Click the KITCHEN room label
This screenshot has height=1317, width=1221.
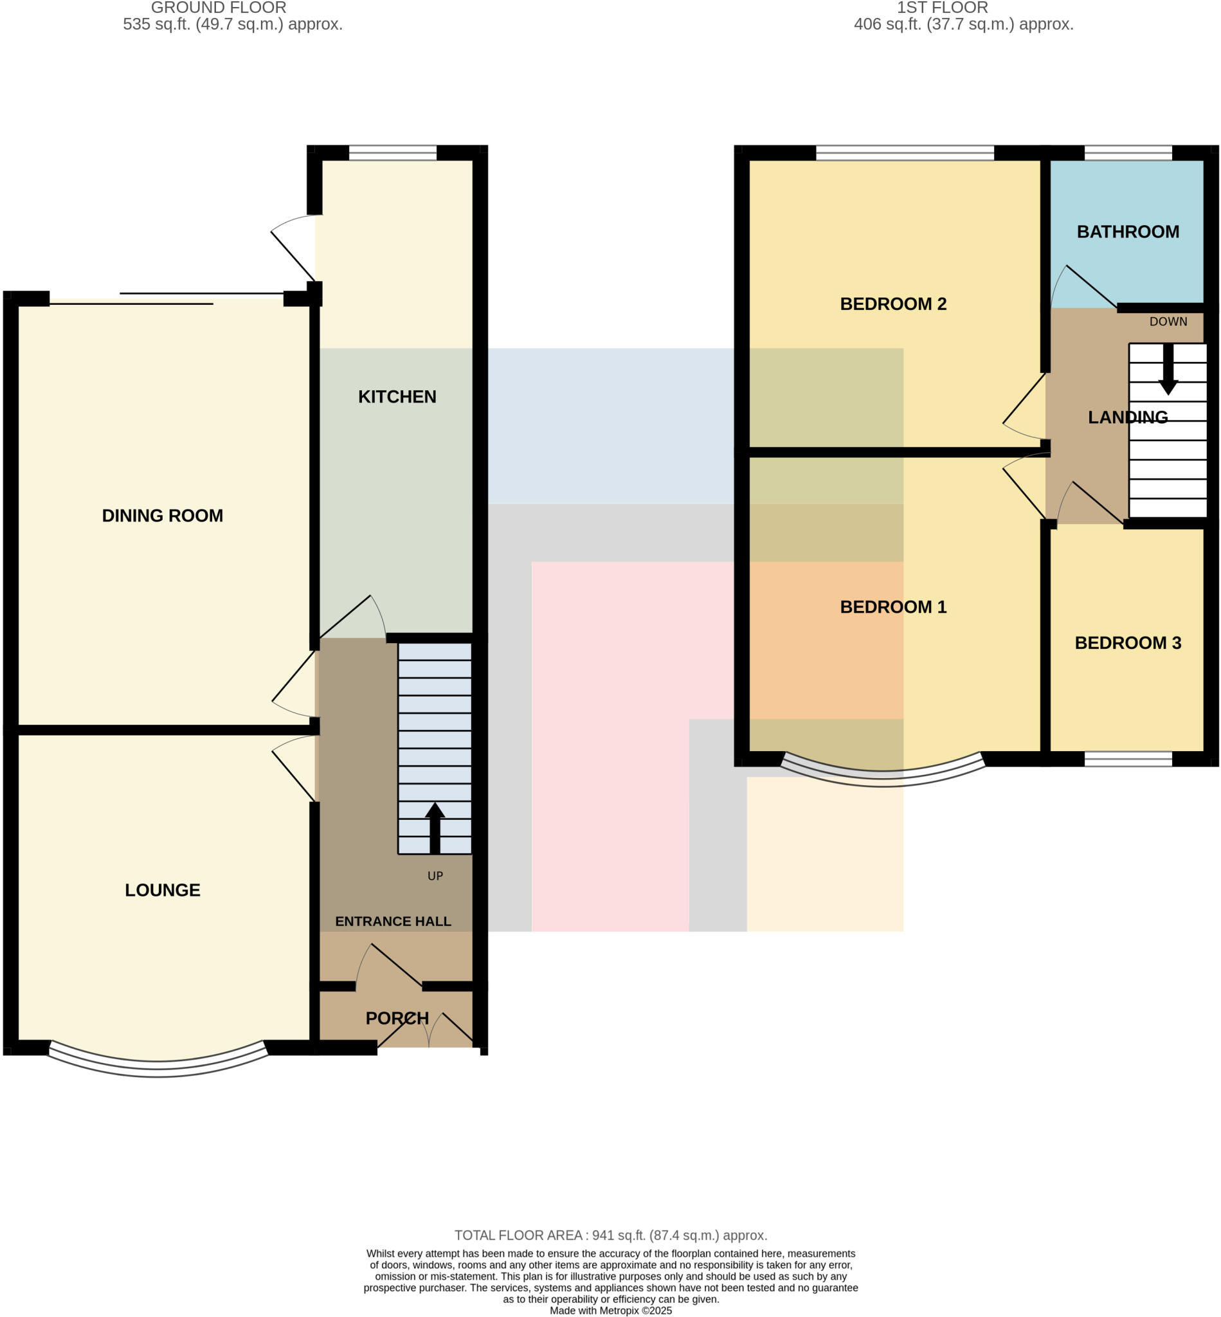tap(397, 397)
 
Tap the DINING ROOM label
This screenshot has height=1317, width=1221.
tap(162, 516)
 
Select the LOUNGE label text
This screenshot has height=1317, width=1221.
tap(162, 890)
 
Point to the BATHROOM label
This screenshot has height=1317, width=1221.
tap(1127, 232)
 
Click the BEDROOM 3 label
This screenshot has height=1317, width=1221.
tap(1127, 643)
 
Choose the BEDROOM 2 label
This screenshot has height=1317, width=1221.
tap(892, 304)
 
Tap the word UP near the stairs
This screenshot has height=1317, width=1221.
tap(435, 876)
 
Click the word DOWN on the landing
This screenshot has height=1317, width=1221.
tap(1168, 322)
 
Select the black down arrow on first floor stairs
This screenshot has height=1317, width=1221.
tap(1168, 370)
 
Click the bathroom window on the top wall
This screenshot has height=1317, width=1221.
tap(1128, 152)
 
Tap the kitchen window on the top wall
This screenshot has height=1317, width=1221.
tap(392, 152)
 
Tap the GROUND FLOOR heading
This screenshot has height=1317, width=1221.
tap(219, 8)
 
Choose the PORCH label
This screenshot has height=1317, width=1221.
tap(397, 1019)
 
